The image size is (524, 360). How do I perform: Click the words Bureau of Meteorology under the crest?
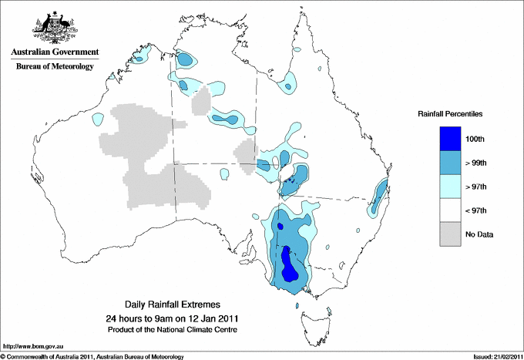[54, 67]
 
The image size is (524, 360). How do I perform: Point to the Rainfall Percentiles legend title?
[450, 113]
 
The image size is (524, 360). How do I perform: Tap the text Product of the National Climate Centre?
[173, 329]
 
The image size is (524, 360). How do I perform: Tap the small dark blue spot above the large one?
[280, 226]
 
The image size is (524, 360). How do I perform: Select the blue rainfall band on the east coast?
[378, 194]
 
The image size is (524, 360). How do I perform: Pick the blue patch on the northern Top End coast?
[185, 59]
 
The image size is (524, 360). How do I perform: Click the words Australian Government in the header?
[54, 52]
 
